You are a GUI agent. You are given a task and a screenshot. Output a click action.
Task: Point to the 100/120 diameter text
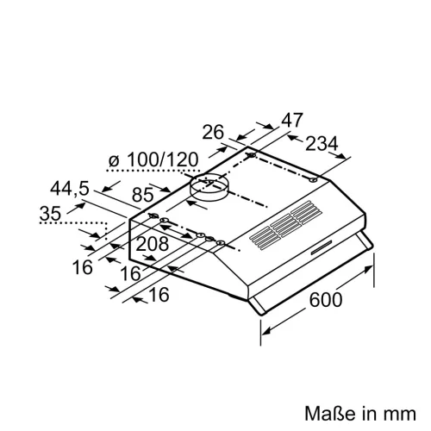(x=162, y=159)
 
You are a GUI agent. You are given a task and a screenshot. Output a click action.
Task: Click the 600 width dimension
(x=324, y=300)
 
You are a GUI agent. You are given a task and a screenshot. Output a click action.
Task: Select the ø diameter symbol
(x=115, y=160)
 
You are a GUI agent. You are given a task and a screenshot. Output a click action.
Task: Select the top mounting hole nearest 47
(x=252, y=156)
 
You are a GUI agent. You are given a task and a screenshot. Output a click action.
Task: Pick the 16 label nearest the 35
(x=82, y=267)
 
